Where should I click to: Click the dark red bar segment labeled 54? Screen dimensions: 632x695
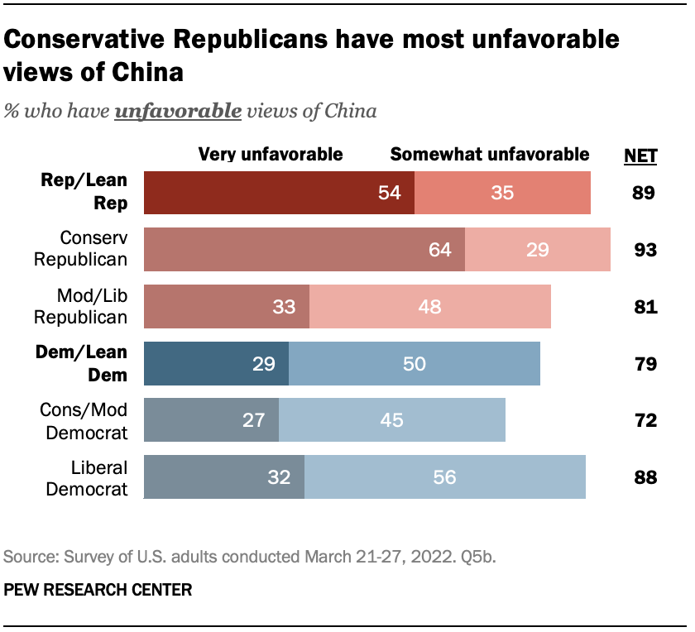tap(279, 193)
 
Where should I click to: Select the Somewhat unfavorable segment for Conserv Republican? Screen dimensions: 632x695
tap(538, 250)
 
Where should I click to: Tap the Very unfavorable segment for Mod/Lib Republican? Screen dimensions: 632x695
tap(227, 306)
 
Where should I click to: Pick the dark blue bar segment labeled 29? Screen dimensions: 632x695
tap(216, 363)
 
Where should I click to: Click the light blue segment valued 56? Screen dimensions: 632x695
tap(445, 476)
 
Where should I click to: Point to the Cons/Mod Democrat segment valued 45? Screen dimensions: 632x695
tap(391, 420)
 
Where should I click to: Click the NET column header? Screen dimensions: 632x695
tap(640, 155)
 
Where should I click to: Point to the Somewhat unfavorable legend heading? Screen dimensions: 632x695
tap(490, 154)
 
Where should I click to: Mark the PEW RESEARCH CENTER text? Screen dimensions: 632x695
tap(98, 590)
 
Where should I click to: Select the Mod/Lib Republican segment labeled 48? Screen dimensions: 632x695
tap(429, 306)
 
